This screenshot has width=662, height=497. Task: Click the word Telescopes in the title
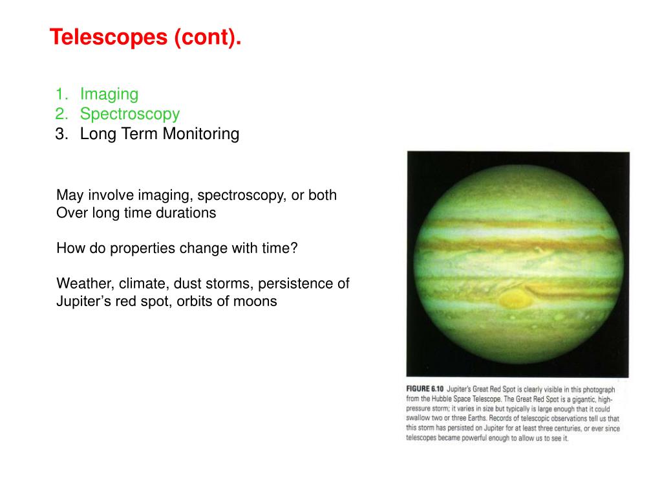109,37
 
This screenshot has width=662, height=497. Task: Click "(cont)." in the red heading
208,37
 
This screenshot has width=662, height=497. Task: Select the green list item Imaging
109,94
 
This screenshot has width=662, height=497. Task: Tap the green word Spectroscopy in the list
130,114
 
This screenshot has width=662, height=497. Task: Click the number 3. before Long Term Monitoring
61,134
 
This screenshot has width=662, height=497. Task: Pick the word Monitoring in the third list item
201,134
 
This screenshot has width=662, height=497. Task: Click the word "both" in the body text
323,195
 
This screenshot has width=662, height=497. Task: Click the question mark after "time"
294,248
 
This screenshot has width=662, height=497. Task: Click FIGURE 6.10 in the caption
425,389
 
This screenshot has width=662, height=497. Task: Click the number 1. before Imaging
61,94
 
